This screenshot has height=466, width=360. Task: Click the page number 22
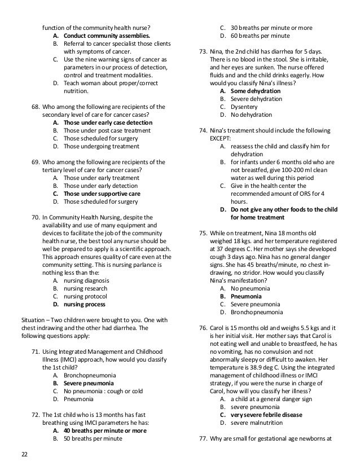(24, 455)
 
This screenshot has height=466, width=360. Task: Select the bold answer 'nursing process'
(84, 304)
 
